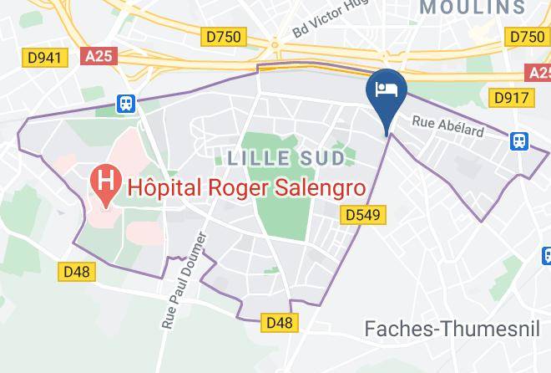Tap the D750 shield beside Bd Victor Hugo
(x=222, y=36)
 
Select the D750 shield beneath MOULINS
(x=527, y=36)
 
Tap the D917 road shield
(x=511, y=98)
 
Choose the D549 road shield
(x=362, y=216)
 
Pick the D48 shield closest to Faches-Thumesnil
(x=280, y=321)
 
